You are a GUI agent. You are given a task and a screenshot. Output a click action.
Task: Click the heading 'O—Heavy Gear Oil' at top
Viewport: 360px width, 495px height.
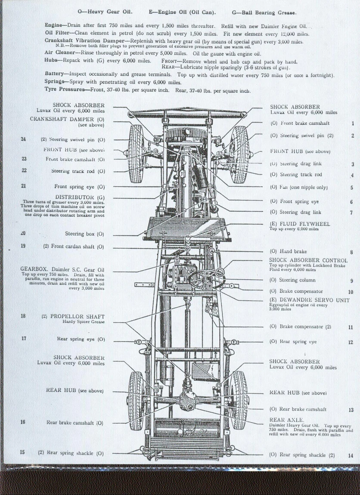105,12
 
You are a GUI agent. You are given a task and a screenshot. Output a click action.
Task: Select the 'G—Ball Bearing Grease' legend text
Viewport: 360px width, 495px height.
264,12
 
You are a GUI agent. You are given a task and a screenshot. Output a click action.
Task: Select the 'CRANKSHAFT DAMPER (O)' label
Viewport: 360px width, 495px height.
67,119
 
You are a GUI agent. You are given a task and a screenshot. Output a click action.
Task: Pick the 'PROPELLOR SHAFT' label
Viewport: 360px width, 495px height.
78,316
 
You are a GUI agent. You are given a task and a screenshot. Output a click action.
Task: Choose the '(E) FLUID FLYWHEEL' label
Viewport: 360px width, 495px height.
300,224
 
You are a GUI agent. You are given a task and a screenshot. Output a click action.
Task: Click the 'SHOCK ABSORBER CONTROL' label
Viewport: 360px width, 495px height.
308,260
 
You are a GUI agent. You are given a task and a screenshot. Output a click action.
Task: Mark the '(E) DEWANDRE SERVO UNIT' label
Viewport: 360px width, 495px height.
309,300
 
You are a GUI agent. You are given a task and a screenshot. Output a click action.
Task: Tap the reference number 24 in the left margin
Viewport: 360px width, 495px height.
23,139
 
